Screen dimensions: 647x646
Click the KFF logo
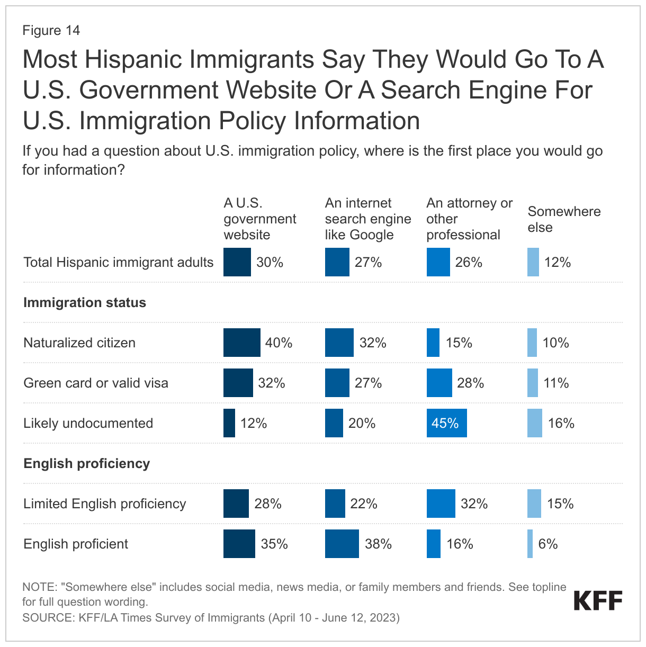pyautogui.click(x=598, y=601)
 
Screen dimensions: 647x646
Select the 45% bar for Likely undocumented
pyautogui.click(x=446, y=423)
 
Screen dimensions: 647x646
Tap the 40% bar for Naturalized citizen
pyautogui.click(x=241, y=343)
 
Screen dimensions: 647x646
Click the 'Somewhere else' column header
pyautogui.click(x=564, y=219)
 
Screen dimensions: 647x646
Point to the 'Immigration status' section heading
pyautogui.click(x=85, y=303)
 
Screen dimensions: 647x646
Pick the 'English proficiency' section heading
pyautogui.click(x=86, y=464)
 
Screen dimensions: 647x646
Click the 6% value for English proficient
pyautogui.click(x=548, y=544)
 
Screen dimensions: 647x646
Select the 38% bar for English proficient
pyautogui.click(x=342, y=544)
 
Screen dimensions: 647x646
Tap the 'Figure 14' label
pyautogui.click(x=51, y=30)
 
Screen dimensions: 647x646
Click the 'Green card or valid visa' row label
pyautogui.click(x=96, y=383)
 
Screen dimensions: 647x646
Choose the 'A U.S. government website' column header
pyautogui.click(x=259, y=219)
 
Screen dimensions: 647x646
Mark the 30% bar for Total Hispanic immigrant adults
pyautogui.click(x=237, y=262)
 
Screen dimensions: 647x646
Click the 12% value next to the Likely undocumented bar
pyautogui.click(x=254, y=423)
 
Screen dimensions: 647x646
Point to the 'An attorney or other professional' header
pyautogui.click(x=469, y=219)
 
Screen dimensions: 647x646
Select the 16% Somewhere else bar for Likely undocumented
pyautogui.click(x=534, y=423)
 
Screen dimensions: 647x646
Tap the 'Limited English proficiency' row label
pyautogui.click(x=105, y=504)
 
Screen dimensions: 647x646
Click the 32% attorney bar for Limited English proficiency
pyautogui.click(x=441, y=504)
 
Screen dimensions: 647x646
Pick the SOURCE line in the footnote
pyautogui.click(x=211, y=617)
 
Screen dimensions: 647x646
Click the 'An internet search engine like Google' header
pyautogui.click(x=368, y=219)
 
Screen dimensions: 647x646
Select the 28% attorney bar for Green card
pyautogui.click(x=439, y=383)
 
